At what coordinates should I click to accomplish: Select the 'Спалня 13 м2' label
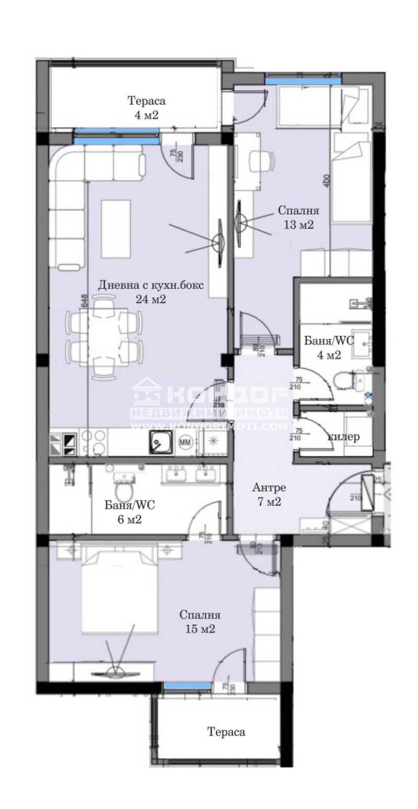[298, 217]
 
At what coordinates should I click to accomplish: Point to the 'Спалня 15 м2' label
[200, 622]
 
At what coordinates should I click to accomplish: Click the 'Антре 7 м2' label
[269, 495]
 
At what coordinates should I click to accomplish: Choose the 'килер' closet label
[344, 437]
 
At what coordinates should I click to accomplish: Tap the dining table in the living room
[104, 336]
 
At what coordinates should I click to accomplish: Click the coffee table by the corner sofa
[114, 229]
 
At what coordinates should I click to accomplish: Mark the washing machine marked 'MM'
[185, 442]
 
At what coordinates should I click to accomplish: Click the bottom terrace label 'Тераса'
[226, 732]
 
